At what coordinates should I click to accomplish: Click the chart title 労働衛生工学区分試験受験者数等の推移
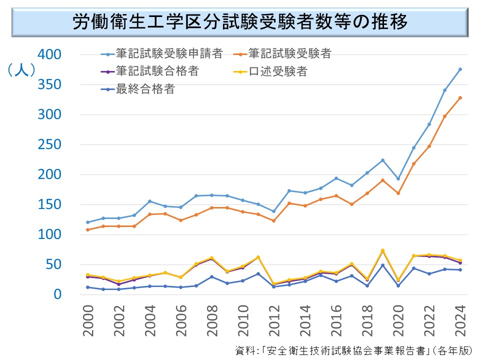click(x=240, y=22)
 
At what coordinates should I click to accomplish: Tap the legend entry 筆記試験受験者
click(x=290, y=53)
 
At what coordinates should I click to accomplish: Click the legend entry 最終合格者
click(x=144, y=89)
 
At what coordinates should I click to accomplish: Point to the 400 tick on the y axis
click(x=49, y=54)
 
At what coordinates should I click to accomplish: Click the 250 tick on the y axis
click(x=49, y=144)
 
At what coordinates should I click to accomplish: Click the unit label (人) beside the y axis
click(x=21, y=70)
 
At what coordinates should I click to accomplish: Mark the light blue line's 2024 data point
click(x=460, y=69)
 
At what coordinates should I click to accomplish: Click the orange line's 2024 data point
click(x=460, y=98)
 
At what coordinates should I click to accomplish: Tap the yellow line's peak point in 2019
click(x=382, y=250)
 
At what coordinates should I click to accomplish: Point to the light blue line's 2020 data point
click(x=398, y=178)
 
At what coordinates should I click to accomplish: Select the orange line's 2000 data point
click(x=88, y=230)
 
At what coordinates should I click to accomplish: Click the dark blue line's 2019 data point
click(x=382, y=265)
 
